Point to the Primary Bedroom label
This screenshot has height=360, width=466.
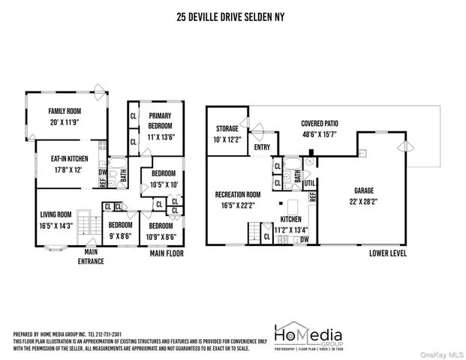point(160,115)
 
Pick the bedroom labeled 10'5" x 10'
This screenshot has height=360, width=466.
point(164,180)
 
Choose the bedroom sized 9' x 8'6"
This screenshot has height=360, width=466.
point(120,229)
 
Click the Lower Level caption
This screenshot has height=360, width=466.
point(389,253)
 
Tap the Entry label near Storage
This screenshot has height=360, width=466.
point(262,147)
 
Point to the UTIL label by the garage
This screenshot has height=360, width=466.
point(308,182)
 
